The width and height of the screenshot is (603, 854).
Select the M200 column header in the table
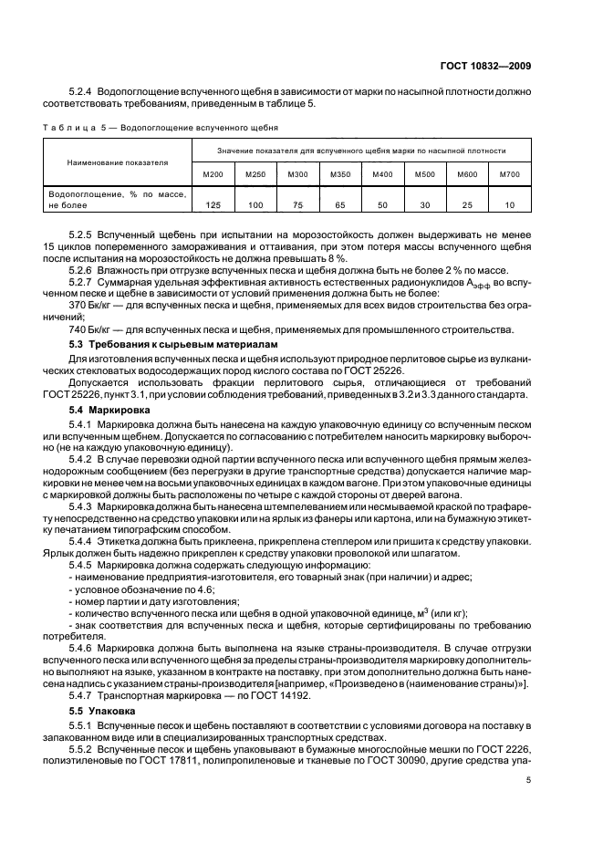(x=213, y=174)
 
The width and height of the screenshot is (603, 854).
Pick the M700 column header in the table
(x=509, y=174)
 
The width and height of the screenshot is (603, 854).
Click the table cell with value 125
(x=213, y=204)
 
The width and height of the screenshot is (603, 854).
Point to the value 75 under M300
(x=297, y=204)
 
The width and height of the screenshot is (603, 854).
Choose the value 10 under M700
(x=509, y=204)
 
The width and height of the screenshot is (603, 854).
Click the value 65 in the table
(x=339, y=204)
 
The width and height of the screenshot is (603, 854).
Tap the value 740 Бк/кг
(x=94, y=329)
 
